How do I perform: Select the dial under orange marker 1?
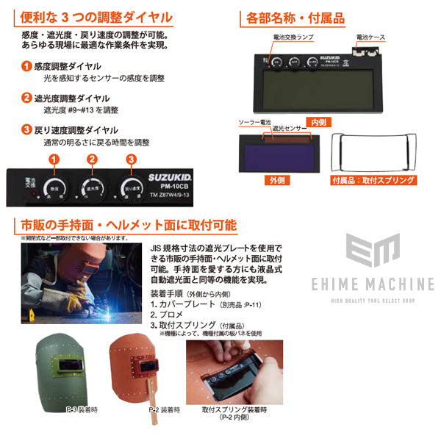tap(53, 186)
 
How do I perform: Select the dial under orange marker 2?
tap(92, 186)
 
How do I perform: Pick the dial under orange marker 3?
tap(132, 186)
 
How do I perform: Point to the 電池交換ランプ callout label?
tap(290, 37)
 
